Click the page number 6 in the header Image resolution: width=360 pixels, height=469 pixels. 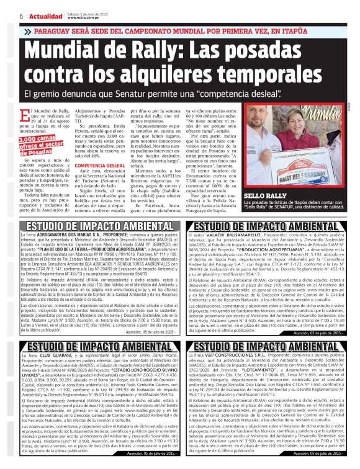click(x=21, y=16)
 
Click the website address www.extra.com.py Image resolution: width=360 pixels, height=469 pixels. click(x=81, y=18)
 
